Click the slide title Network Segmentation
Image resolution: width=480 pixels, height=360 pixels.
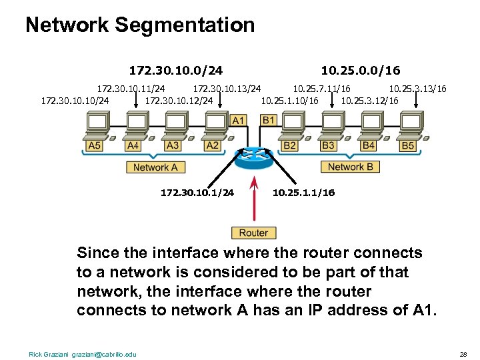click(140, 25)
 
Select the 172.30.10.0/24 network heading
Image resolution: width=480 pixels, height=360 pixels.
click(175, 70)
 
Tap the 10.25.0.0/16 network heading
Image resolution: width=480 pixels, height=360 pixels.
click(360, 70)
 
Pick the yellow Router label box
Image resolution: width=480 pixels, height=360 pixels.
click(253, 233)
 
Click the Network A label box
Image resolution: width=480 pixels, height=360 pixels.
click(155, 167)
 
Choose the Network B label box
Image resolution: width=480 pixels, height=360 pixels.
click(351, 167)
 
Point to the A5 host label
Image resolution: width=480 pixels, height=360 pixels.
click(94, 145)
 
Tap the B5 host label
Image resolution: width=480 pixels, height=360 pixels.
click(407, 145)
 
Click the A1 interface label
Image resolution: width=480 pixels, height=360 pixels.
click(238, 121)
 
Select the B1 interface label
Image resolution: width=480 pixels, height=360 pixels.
click(269, 121)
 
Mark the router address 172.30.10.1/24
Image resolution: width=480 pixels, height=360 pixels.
click(197, 193)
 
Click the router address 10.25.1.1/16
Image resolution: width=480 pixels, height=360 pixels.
click(304, 193)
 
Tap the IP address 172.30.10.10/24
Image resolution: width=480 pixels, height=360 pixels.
click(75, 101)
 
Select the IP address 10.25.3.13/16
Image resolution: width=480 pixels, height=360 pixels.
click(417, 89)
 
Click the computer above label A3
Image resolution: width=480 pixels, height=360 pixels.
click(175, 125)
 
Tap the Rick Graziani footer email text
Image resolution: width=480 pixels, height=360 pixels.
click(83, 353)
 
